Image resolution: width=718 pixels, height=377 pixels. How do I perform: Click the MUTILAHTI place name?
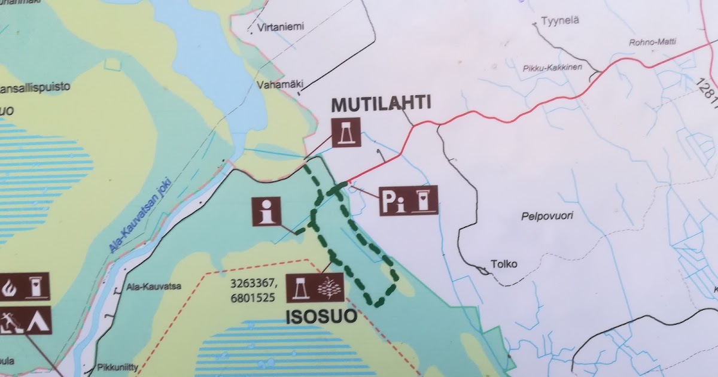(381, 104)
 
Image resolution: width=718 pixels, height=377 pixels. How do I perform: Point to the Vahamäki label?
(279, 86)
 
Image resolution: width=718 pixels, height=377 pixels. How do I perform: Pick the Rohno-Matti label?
(650, 42)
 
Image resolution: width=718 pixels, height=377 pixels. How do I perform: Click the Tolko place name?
(503, 263)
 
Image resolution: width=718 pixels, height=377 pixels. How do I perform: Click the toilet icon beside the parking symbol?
(425, 200)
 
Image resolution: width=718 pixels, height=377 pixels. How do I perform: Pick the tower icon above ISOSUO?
(300, 288)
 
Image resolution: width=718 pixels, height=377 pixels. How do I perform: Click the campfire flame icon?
(10, 287)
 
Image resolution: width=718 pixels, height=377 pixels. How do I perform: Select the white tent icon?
(38, 321)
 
